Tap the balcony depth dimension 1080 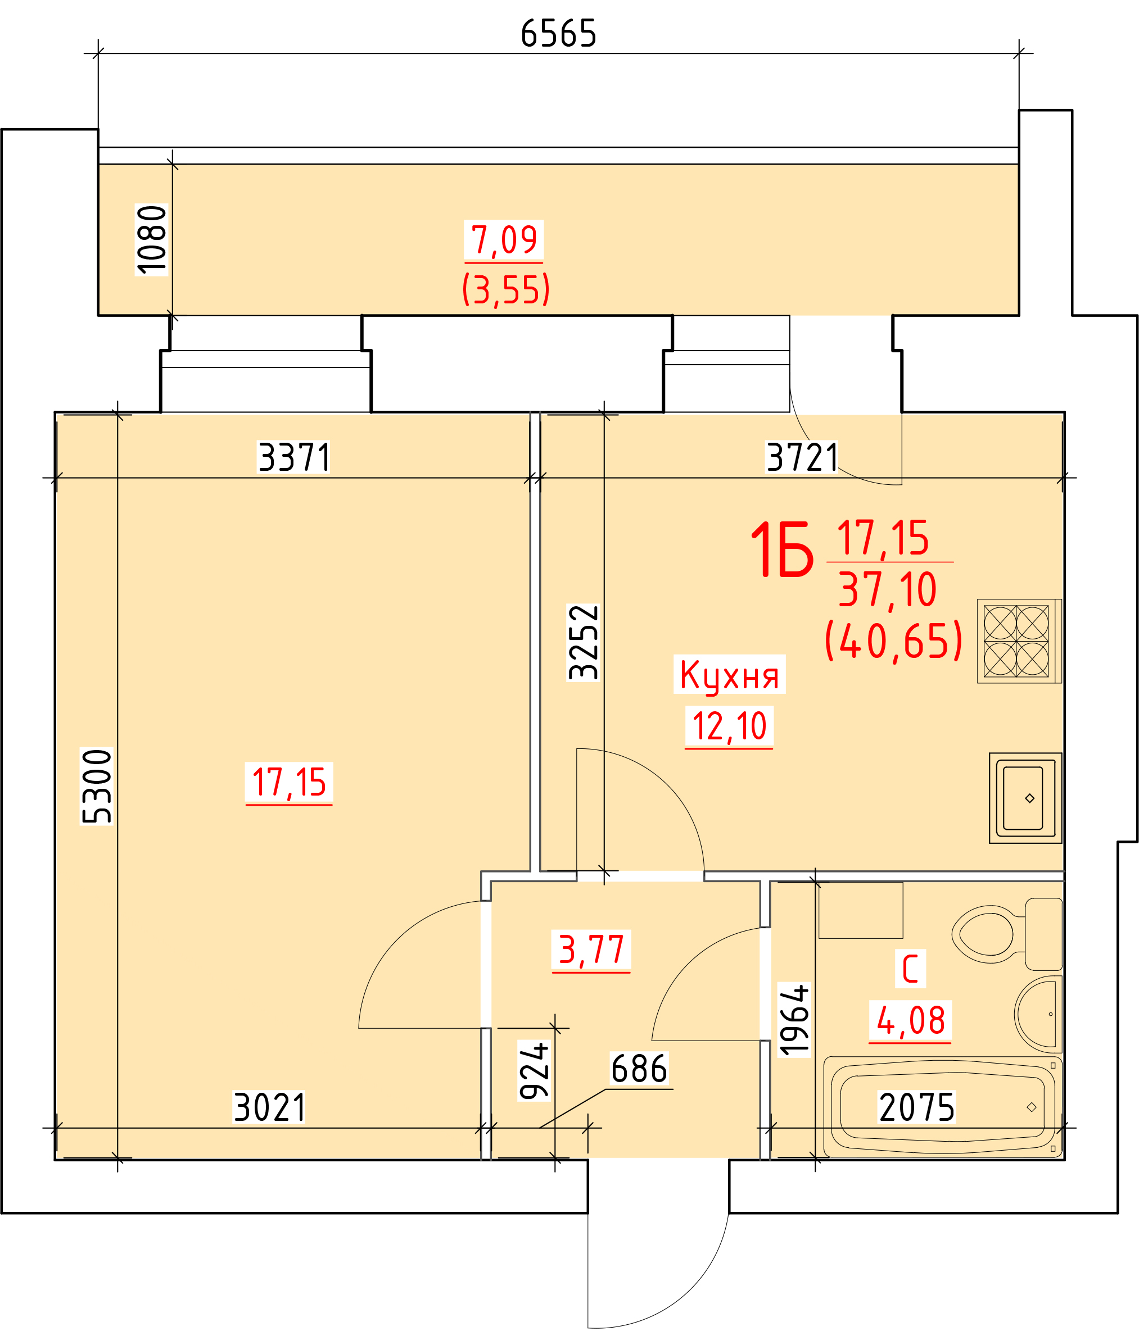tap(152, 239)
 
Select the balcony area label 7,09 tap(504, 239)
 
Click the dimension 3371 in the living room tap(294, 457)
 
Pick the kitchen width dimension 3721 tap(802, 457)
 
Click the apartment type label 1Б tap(781, 549)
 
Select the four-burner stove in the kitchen tap(1019, 641)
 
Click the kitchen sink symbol tap(1025, 798)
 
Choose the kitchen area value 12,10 tap(729, 726)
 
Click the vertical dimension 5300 tap(97, 786)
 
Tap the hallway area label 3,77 tap(591, 950)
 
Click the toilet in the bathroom tap(1006, 933)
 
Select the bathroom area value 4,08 tap(910, 1020)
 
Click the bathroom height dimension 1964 tap(794, 1020)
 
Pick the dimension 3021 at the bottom tap(269, 1107)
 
